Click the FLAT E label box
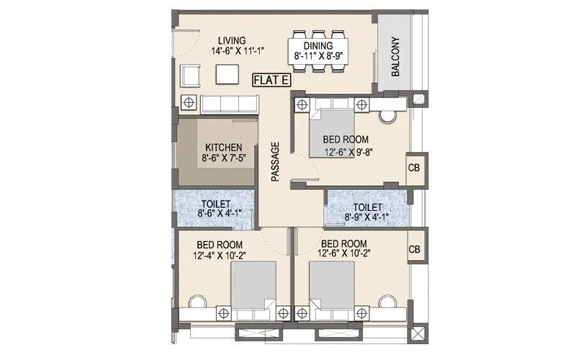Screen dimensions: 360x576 [270, 81]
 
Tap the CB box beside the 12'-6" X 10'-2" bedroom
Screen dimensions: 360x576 [415, 249]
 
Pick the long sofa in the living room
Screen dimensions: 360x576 [229, 103]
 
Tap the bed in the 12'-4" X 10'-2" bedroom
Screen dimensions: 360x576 [253, 287]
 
